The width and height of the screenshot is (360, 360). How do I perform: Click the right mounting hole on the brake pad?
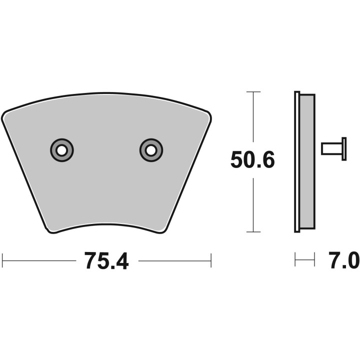click(150, 149)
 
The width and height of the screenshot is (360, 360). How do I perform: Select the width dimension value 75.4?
click(106, 260)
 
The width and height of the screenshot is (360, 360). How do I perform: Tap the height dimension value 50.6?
click(252, 161)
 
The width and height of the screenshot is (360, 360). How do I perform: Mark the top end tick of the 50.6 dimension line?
click(254, 92)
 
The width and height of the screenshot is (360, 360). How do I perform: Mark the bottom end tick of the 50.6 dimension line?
click(254, 232)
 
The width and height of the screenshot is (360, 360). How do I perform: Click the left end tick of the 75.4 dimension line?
click(3, 260)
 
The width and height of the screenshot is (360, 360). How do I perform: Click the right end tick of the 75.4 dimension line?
click(211, 260)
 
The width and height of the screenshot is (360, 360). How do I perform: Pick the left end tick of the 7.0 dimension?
click(295, 260)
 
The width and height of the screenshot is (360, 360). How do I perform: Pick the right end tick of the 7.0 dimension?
click(314, 260)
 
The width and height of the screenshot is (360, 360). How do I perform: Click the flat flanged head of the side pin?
click(343, 149)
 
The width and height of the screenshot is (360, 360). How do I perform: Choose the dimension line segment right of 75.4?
click(174, 260)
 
